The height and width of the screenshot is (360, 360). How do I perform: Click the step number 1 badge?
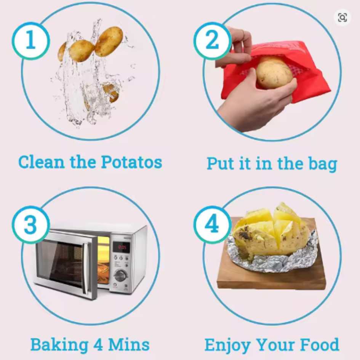point(31,41)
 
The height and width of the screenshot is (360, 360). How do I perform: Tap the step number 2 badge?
point(212,41)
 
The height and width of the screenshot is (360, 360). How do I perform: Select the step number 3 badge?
point(31,225)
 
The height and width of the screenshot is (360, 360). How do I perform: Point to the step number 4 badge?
point(212,225)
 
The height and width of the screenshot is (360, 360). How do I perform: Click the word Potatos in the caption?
point(131,162)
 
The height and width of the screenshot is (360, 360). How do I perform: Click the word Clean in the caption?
point(41,162)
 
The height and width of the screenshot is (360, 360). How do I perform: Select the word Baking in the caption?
point(59,345)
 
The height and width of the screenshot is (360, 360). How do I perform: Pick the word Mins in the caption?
point(129,345)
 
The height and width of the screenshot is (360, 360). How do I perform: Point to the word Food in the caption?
point(319,345)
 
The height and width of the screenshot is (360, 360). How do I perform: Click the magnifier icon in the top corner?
point(342,17)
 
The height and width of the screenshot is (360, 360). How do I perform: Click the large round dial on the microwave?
point(121,276)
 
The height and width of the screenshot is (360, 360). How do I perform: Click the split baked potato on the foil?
point(270,232)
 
